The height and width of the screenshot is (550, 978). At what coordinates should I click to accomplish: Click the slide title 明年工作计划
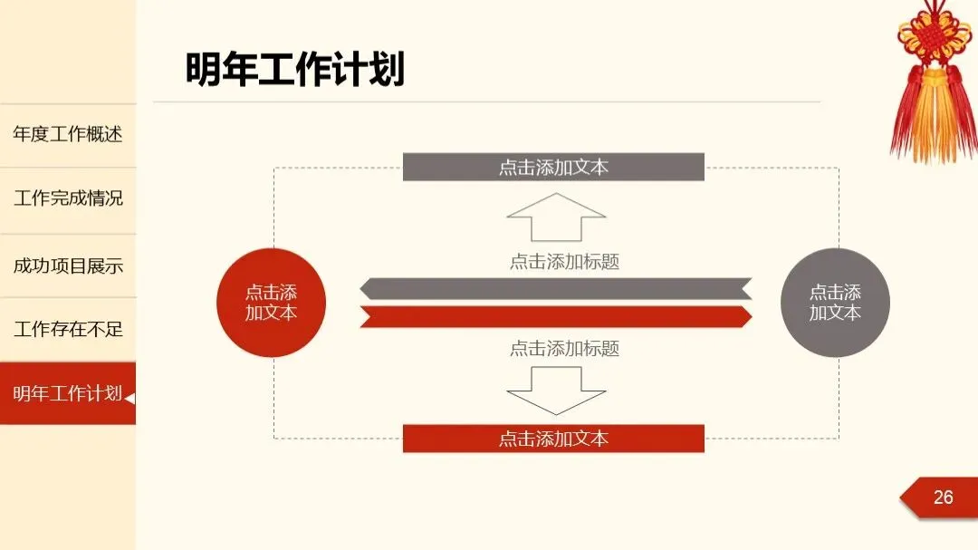tap(295, 70)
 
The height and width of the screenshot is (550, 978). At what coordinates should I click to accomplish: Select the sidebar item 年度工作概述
tap(68, 135)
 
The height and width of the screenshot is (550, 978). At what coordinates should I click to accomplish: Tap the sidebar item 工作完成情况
tap(68, 198)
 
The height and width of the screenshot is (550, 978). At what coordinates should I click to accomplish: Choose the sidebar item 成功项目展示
tap(68, 266)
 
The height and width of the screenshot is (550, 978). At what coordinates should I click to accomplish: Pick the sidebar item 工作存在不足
tap(68, 329)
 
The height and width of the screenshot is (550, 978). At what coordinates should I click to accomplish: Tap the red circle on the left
tap(271, 303)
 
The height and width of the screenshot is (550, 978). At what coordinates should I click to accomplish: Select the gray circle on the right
tap(835, 303)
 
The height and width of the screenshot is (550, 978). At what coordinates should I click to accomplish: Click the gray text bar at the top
tap(553, 168)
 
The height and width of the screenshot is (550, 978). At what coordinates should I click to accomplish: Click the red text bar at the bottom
tap(553, 439)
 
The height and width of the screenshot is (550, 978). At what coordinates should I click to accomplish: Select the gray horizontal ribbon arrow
tap(555, 289)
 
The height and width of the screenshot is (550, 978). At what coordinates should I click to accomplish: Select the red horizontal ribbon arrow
tap(555, 316)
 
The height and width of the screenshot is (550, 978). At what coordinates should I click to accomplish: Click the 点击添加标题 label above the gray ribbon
tap(564, 262)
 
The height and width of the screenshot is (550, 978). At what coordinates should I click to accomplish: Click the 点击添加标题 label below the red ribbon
tap(564, 348)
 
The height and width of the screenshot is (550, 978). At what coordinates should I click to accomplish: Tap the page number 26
tap(943, 497)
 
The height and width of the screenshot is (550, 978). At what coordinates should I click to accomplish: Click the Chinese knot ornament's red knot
tap(934, 36)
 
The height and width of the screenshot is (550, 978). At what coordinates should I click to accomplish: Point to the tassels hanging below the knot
tap(933, 118)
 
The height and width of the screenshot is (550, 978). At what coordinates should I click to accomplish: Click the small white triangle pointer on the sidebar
tap(130, 398)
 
